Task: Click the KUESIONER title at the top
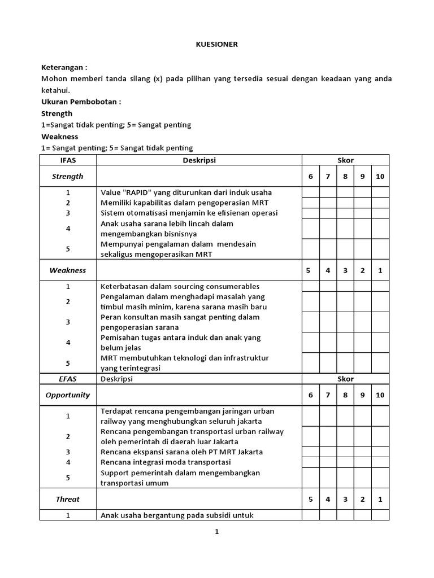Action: [x=217, y=45]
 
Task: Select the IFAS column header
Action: [x=68, y=160]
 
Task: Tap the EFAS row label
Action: [x=68, y=379]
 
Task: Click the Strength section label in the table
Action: [x=68, y=177]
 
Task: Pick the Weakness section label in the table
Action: [x=68, y=270]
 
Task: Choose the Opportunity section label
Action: [x=68, y=395]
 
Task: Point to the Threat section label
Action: [x=68, y=499]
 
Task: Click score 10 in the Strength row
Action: [x=380, y=177]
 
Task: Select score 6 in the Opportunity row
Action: [x=310, y=395]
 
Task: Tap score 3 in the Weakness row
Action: [x=345, y=270]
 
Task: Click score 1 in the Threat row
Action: [x=380, y=499]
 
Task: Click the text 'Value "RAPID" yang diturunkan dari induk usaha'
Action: [x=186, y=192]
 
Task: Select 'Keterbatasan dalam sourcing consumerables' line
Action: [x=180, y=286]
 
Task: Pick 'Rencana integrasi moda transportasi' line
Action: [x=166, y=462]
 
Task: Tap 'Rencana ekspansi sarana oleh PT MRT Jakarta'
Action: [x=181, y=452]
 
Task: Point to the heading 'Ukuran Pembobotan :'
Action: [x=81, y=102]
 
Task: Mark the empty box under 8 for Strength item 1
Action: [x=345, y=192]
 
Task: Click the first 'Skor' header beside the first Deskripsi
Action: [x=345, y=160]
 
